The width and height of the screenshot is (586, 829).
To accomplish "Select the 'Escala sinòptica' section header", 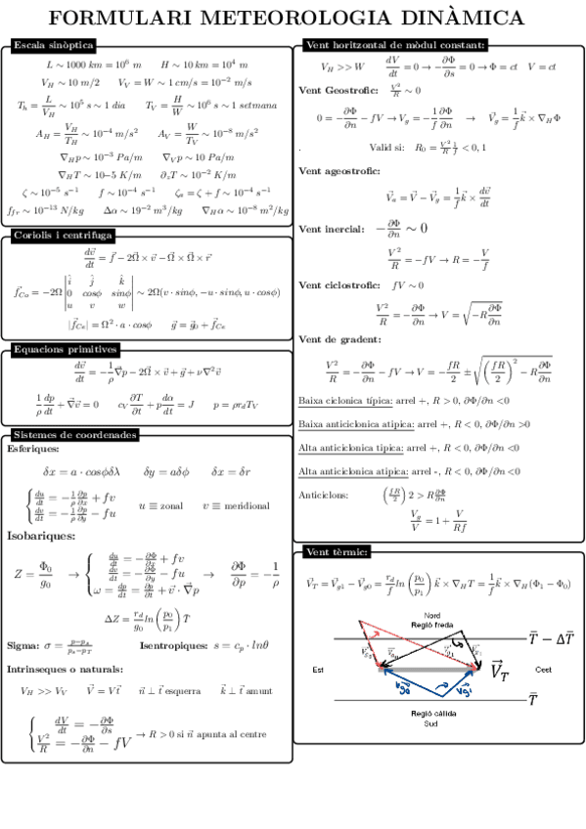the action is coord(53,45).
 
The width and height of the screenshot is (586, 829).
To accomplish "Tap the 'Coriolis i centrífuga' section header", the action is coord(63,236).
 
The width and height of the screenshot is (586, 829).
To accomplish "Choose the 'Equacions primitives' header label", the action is coord(65,349).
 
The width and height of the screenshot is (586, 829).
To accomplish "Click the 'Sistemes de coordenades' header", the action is coord(74,434).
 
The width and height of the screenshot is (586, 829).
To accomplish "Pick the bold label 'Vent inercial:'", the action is coord(332,230).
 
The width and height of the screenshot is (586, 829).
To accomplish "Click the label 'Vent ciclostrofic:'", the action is coord(338,285).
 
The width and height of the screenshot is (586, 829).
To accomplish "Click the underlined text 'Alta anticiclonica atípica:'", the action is coord(349,471).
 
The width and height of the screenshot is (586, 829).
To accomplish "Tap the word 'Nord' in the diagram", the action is coord(431,614).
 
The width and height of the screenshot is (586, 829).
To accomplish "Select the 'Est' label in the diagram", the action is coord(317,670).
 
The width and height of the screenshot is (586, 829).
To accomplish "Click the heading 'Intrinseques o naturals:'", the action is coord(65,670).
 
